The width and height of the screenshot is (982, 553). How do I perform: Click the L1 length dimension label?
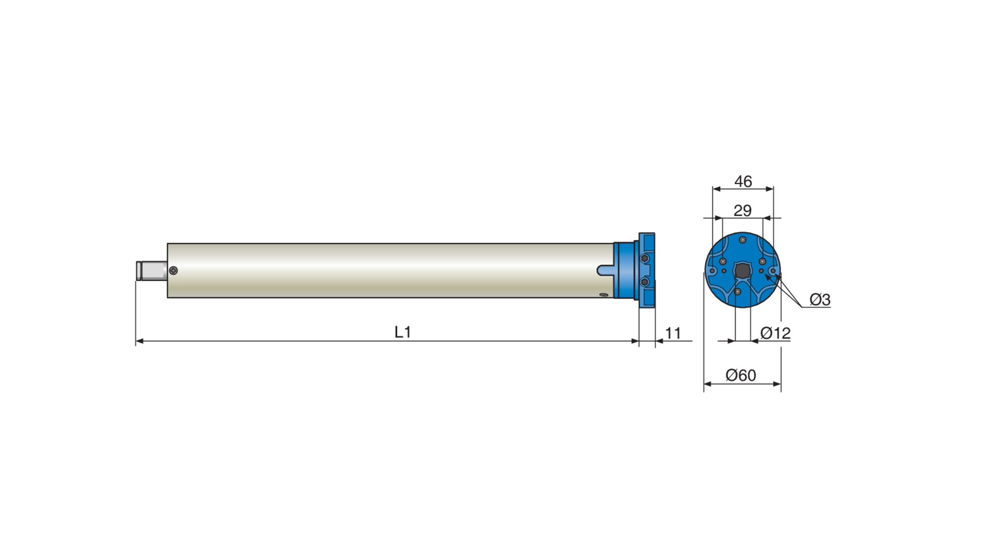coord(403,332)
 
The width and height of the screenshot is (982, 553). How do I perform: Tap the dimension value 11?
coord(673,333)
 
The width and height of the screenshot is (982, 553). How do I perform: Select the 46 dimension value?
coord(743,181)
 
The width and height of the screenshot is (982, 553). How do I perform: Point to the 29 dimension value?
coord(742,210)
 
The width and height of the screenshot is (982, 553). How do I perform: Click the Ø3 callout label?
coord(819,299)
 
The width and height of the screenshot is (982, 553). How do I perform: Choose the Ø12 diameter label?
coord(775,333)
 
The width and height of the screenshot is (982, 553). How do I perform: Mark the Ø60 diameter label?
coord(740,376)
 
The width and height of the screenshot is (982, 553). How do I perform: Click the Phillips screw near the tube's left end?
coord(173,270)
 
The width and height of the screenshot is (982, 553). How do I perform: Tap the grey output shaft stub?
coord(152,271)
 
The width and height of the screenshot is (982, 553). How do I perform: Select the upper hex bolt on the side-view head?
coord(645,259)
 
